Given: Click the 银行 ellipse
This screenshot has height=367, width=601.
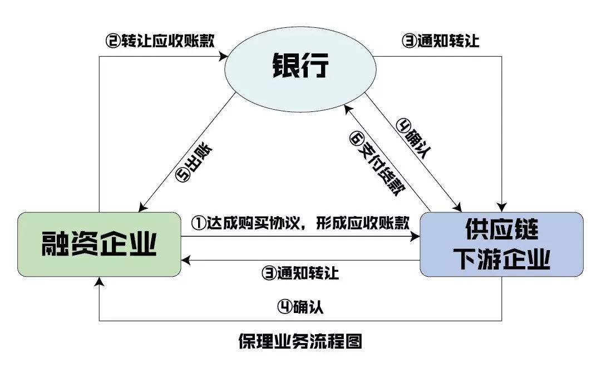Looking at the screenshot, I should pyautogui.click(x=300, y=66).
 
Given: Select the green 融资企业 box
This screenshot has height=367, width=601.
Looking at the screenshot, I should pyautogui.click(x=99, y=244).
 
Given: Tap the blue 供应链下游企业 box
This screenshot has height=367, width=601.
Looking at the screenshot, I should pyautogui.click(x=501, y=244).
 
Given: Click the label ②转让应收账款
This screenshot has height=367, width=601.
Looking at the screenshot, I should pyautogui.click(x=161, y=41).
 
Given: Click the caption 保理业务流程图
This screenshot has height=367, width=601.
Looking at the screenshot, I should pyautogui.click(x=300, y=341).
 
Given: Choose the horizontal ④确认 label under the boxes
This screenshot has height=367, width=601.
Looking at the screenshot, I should pyautogui.click(x=300, y=307).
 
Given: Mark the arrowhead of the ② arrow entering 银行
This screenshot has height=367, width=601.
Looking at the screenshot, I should pyautogui.click(x=228, y=55).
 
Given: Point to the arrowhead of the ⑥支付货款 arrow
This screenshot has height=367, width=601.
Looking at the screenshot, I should pyautogui.click(x=344, y=106).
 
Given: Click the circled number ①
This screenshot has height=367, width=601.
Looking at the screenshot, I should pyautogui.click(x=199, y=224).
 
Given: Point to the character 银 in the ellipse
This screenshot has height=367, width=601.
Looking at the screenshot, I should pyautogui.click(x=285, y=66).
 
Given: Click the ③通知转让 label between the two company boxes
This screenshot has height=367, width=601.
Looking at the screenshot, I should pyautogui.click(x=300, y=273).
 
